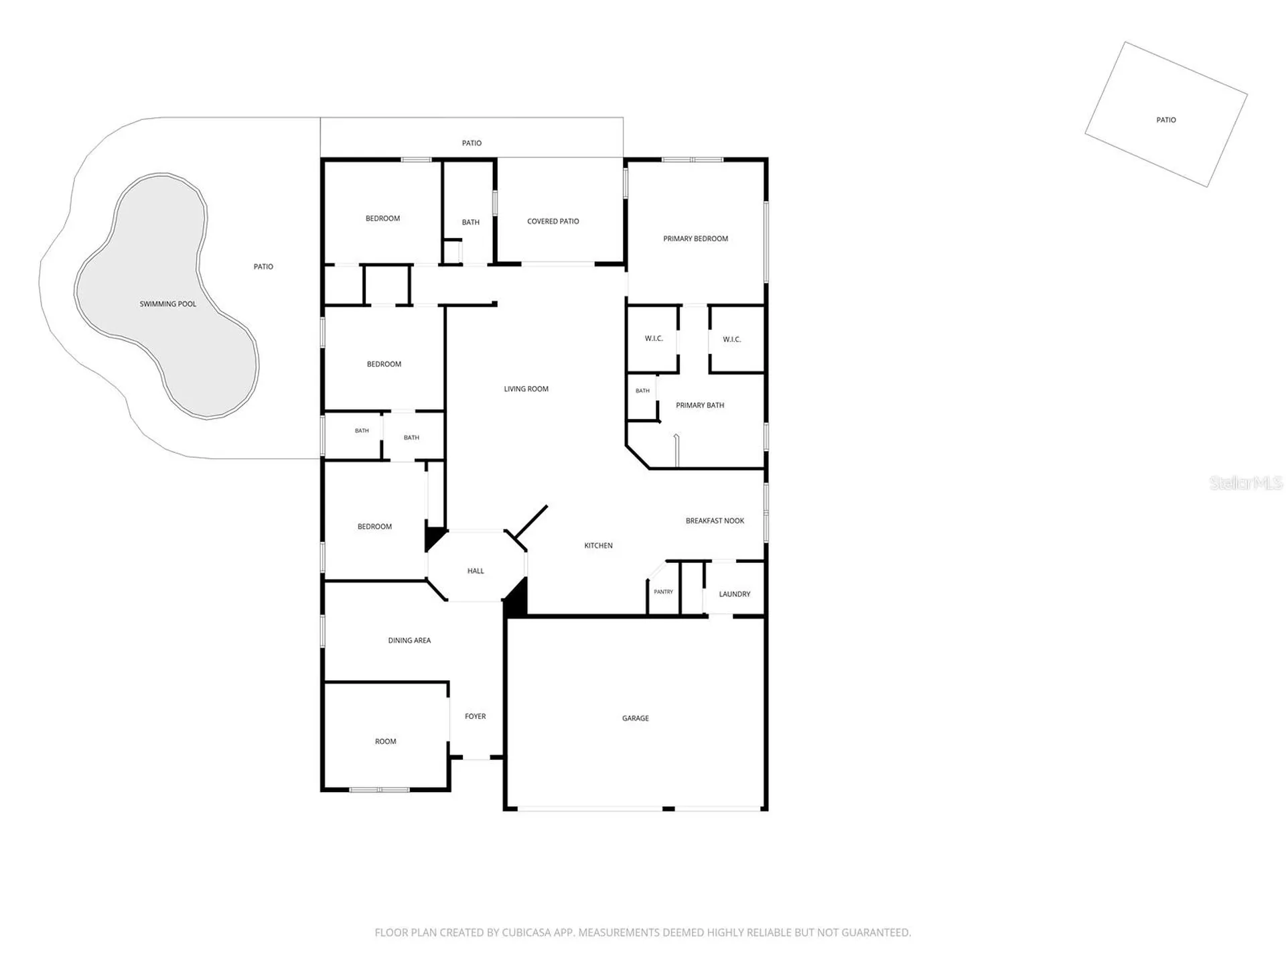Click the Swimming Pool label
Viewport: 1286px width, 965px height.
[x=168, y=304]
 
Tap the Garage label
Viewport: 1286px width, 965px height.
[x=636, y=718]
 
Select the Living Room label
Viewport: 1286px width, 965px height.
[x=526, y=389]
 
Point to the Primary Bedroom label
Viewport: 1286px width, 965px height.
[x=695, y=239]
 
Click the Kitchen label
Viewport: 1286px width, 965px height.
[x=598, y=545]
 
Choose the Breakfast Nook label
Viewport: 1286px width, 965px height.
[x=715, y=521]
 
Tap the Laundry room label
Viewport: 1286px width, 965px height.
[x=735, y=594]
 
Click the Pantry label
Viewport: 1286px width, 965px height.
[x=664, y=592]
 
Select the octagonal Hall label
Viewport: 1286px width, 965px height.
[x=476, y=571]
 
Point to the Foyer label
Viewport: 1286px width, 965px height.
[x=476, y=716]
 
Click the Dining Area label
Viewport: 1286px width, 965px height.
[x=409, y=641]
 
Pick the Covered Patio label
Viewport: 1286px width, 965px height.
[x=553, y=221]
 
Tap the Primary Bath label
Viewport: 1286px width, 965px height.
[x=700, y=405]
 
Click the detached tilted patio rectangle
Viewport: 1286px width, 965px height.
[x=1166, y=115]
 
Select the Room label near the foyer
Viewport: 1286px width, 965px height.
[x=386, y=741]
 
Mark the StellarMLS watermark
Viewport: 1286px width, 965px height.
[x=1246, y=482]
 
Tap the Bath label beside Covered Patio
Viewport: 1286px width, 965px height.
[x=471, y=222]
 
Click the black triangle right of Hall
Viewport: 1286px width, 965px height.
[x=516, y=598]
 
